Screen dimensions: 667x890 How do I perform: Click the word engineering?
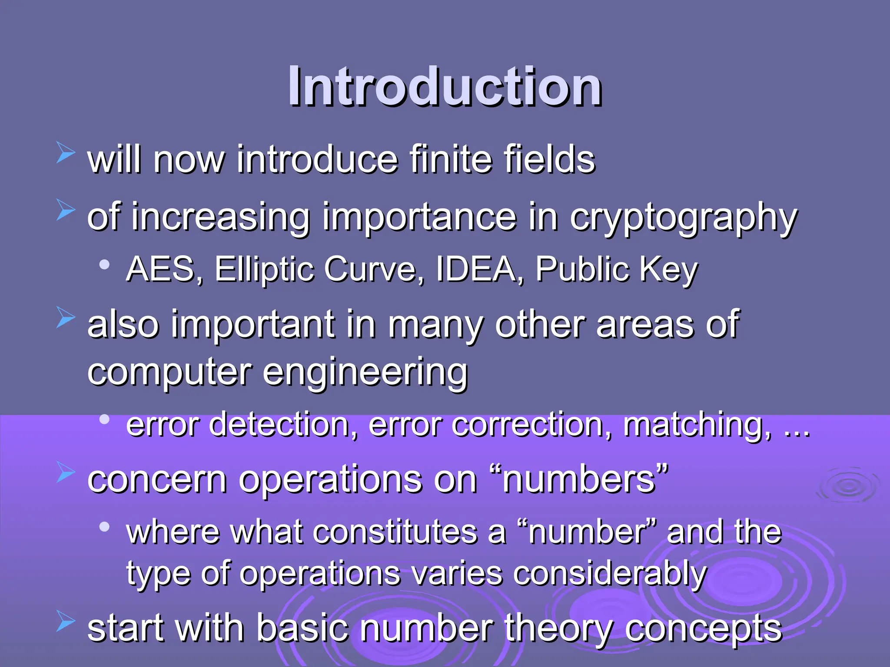[x=365, y=373]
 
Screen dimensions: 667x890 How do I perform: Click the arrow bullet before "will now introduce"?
[x=66, y=154]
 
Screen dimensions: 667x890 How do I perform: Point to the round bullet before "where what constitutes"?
[x=104, y=527]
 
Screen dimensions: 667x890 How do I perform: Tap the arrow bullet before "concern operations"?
[x=66, y=472]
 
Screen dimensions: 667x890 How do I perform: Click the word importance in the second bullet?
[x=419, y=217]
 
